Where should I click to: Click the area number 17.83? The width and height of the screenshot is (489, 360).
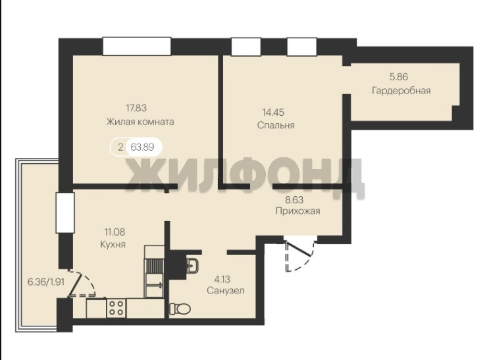136,108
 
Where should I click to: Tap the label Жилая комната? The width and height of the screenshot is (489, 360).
140,121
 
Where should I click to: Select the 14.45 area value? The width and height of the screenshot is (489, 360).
273,112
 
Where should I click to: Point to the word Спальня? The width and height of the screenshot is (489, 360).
276,125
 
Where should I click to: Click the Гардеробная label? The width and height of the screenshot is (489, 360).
401,91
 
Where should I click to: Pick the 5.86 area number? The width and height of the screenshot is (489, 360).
399,77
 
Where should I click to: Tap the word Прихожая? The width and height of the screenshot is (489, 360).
298,211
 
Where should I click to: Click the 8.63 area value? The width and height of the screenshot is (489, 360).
294,199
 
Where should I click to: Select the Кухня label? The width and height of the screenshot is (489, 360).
113,244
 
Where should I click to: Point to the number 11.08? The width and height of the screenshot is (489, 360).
115,232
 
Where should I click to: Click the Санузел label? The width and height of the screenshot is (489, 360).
226,291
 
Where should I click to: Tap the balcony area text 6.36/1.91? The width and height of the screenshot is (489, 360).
46,282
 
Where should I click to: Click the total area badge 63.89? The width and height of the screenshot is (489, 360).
142,147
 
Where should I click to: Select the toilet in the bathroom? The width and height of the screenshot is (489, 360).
180,309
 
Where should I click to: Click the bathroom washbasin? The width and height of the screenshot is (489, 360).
192,266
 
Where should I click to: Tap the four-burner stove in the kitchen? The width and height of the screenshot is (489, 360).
116,308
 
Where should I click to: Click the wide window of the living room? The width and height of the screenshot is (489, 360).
137,47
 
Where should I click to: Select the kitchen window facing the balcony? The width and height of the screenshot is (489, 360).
65,213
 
